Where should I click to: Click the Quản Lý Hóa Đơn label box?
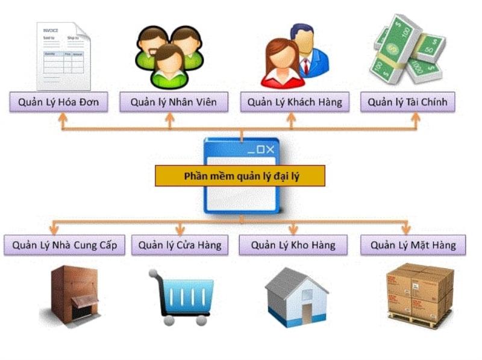[58, 102]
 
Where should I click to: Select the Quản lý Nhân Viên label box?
[174, 102]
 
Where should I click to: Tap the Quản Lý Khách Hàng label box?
[295, 102]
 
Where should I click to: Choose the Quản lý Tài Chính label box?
[407, 102]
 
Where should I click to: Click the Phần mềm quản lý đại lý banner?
[240, 175]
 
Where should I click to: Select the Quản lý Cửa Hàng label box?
[180, 245]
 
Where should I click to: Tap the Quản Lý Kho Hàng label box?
[293, 245]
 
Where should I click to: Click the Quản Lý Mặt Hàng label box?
[413, 245]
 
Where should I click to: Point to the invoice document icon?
[63, 55]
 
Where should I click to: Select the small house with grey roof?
[296, 297]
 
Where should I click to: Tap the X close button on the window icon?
[269, 150]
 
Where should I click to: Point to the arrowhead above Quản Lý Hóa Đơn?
[63, 118]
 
